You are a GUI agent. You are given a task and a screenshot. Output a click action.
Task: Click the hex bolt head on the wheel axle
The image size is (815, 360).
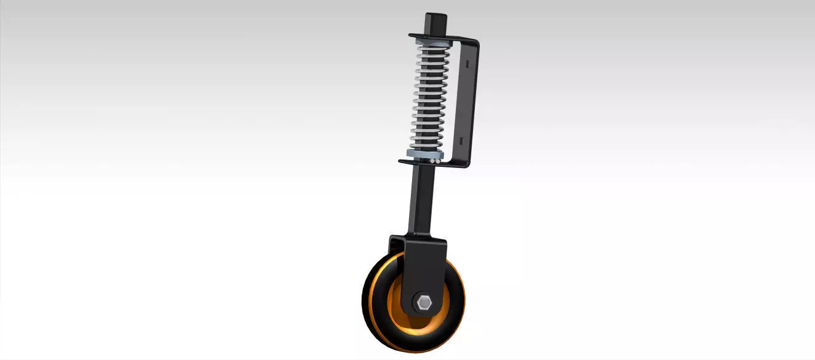pos(424,303)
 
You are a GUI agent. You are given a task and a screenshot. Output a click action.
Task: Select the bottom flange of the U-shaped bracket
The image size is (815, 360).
pos(431,163)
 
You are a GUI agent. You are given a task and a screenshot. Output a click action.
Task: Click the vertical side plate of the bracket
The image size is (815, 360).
pos(464,102)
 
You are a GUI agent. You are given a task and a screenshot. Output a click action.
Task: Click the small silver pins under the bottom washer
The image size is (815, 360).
pos(434,160)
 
